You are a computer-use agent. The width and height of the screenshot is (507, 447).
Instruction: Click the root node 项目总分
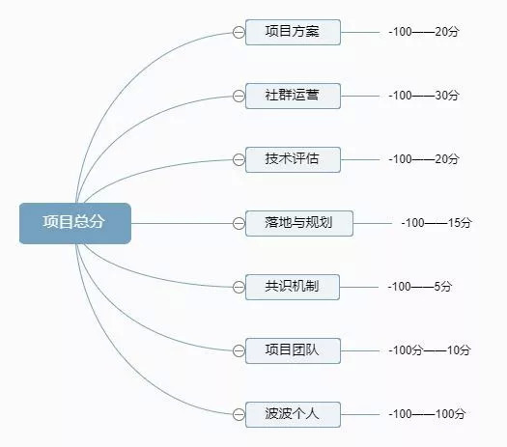click(75, 223)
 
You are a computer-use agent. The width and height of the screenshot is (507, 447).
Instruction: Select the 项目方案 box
click(293, 32)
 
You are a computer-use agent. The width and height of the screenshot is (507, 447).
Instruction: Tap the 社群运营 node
click(293, 96)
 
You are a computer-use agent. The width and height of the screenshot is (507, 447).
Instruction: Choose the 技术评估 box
click(293, 159)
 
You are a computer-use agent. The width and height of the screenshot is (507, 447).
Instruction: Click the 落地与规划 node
click(299, 223)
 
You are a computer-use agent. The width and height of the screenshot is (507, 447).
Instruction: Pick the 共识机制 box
click(293, 287)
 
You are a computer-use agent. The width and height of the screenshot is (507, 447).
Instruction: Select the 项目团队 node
click(293, 350)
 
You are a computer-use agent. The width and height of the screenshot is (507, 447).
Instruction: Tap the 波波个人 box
click(293, 414)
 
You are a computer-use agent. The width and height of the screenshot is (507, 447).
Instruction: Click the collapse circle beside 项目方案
click(239, 32)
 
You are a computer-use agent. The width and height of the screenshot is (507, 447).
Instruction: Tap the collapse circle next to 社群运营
click(239, 96)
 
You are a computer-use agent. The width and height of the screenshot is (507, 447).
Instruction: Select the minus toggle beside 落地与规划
click(239, 223)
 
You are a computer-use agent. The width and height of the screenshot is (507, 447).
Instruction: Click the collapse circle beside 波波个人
click(239, 414)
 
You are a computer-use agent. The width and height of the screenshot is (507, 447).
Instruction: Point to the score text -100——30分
click(424, 96)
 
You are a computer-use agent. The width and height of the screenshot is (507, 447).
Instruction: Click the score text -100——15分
click(437, 223)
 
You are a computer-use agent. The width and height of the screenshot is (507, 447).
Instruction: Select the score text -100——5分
click(420, 287)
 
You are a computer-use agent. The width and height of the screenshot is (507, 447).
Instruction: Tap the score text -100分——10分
click(430, 350)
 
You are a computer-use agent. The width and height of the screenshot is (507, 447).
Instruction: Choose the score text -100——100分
click(427, 414)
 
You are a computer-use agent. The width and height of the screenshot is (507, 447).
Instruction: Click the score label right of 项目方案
click(424, 32)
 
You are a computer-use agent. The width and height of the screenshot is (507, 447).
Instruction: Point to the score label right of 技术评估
click(424, 159)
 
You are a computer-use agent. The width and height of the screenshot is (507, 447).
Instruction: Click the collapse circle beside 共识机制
click(239, 287)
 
